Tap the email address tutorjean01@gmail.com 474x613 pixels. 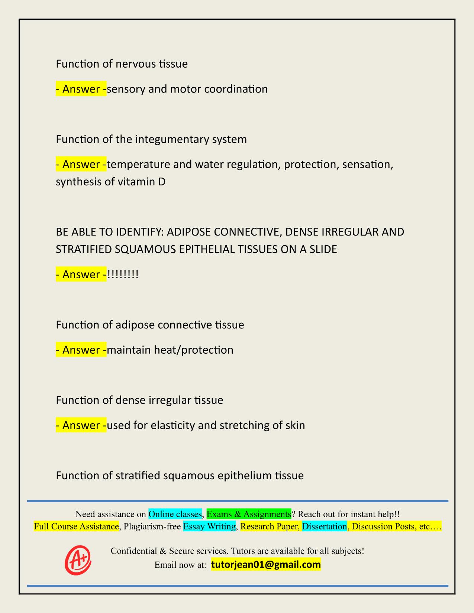(266, 565)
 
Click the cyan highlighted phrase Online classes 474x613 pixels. (175, 514)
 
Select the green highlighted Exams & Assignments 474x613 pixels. (249, 514)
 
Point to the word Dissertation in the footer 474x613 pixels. (324, 526)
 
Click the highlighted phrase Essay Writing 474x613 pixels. (210, 526)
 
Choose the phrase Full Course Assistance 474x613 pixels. (76, 526)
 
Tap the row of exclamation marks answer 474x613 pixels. (123, 275)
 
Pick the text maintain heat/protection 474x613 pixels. (170, 350)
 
